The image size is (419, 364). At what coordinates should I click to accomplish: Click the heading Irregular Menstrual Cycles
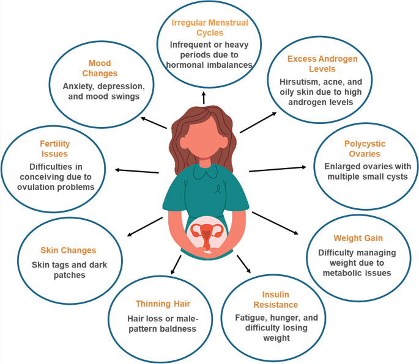click(x=210, y=27)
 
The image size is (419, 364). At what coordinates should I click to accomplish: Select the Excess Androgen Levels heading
click(x=322, y=64)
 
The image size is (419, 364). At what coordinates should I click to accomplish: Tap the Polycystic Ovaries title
click(x=365, y=148)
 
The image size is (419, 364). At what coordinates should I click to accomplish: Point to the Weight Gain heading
click(x=358, y=238)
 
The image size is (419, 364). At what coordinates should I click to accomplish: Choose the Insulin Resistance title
click(x=275, y=299)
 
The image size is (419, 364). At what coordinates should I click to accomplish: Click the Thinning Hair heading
click(x=163, y=304)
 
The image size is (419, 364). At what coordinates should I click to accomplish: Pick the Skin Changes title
click(x=69, y=250)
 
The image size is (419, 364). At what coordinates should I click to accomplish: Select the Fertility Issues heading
click(x=55, y=148)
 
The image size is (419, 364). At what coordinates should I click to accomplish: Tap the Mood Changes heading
click(x=100, y=68)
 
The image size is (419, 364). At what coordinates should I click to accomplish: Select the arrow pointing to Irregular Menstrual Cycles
click(x=204, y=98)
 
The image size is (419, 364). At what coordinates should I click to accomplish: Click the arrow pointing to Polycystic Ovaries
click(x=278, y=169)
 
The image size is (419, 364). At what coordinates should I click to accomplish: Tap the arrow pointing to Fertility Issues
click(x=137, y=171)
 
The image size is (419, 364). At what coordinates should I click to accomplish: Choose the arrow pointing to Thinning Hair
click(x=176, y=264)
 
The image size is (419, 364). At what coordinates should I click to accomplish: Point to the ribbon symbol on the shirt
click(x=218, y=189)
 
